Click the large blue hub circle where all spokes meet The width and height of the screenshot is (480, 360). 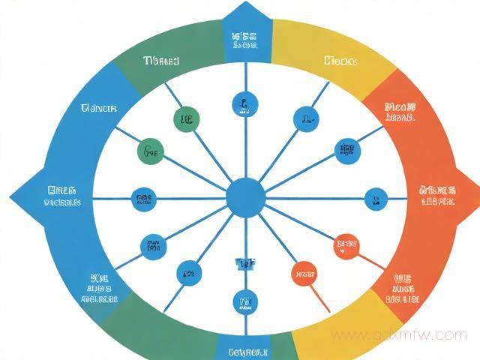[x=245, y=198]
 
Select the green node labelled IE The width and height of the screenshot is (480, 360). [x=185, y=118]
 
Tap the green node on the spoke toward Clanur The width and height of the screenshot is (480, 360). [x=150, y=151]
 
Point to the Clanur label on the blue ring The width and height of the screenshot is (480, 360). [x=98, y=109]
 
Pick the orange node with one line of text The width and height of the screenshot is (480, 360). [x=304, y=274]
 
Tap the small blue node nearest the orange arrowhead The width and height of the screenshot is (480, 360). [x=376, y=199]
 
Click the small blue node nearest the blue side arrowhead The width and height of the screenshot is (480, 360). [x=142, y=199]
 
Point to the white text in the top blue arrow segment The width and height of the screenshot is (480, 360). [x=245, y=39]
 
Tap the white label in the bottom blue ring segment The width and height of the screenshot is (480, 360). [x=245, y=350]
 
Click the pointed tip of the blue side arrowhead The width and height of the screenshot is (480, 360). [x=10, y=197]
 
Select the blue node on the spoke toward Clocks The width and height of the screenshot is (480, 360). [x=304, y=117]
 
